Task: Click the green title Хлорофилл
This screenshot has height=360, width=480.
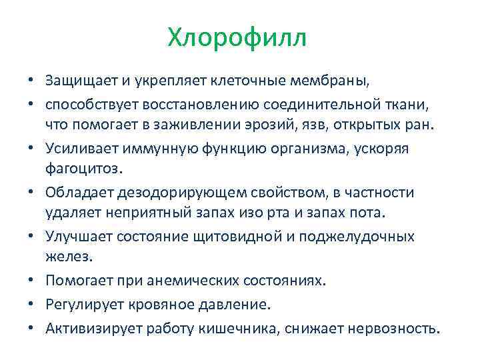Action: [237, 37]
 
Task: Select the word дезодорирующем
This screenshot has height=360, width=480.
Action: [174, 193]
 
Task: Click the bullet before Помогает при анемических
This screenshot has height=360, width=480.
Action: [32, 281]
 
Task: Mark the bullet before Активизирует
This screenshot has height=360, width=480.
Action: [32, 328]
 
